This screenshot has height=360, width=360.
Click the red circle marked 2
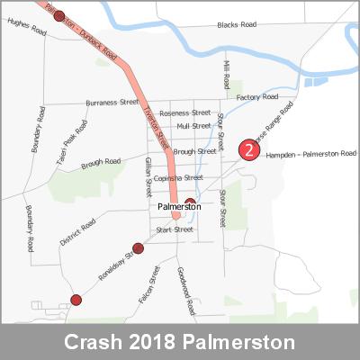(x=248, y=151)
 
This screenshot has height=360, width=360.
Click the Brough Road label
(x=101, y=163)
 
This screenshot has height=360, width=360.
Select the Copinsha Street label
(x=178, y=178)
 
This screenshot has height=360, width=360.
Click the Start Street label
(x=175, y=229)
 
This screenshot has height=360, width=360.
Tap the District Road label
(x=77, y=232)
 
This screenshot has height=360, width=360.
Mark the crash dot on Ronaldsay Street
(x=138, y=248)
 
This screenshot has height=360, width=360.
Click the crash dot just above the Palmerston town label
(x=190, y=202)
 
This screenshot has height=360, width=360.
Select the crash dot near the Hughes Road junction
(x=59, y=15)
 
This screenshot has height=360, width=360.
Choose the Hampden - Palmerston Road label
(x=311, y=155)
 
